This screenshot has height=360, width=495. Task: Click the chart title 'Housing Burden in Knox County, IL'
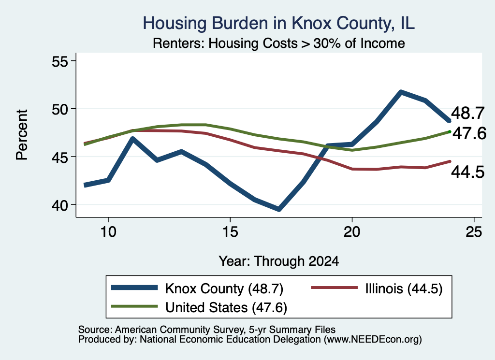278,23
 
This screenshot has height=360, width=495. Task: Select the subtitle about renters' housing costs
278,43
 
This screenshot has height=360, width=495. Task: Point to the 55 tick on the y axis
60,61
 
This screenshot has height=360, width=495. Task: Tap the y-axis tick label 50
60,109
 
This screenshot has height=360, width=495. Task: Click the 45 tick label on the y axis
60,157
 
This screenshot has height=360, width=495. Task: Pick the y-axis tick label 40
60,205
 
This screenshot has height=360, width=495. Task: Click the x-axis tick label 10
108,232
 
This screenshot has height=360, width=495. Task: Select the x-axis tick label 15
230,232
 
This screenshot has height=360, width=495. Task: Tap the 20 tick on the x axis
352,232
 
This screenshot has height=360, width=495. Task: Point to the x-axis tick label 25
474,232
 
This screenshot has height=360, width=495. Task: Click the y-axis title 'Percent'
22,135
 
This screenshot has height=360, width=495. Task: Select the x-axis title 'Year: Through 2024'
279,261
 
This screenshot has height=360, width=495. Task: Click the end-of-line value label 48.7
467,113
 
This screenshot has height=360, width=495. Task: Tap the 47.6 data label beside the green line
469,133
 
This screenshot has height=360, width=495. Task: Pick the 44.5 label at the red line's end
467,173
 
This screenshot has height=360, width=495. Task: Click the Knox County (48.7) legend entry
197,288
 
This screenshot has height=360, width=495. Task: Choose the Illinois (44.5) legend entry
377,288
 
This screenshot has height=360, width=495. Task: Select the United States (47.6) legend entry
199,307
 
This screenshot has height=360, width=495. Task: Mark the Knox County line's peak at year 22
401,92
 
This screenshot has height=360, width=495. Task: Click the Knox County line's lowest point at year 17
279,209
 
